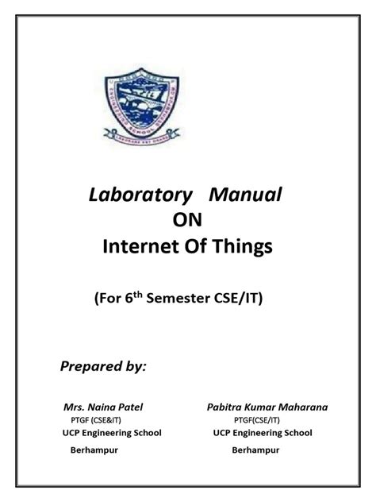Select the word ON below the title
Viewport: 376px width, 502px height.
pos(188,222)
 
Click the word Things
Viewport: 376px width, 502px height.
pos(241,249)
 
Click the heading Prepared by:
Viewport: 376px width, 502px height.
pos(103,367)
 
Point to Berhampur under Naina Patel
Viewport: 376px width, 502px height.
pos(88,449)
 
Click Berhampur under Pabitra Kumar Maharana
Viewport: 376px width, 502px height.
pos(257,449)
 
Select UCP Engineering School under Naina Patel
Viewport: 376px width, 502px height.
pos(111,433)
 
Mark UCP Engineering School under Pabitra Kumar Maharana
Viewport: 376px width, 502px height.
pos(262,433)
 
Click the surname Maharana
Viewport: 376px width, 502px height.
pos(304,407)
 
